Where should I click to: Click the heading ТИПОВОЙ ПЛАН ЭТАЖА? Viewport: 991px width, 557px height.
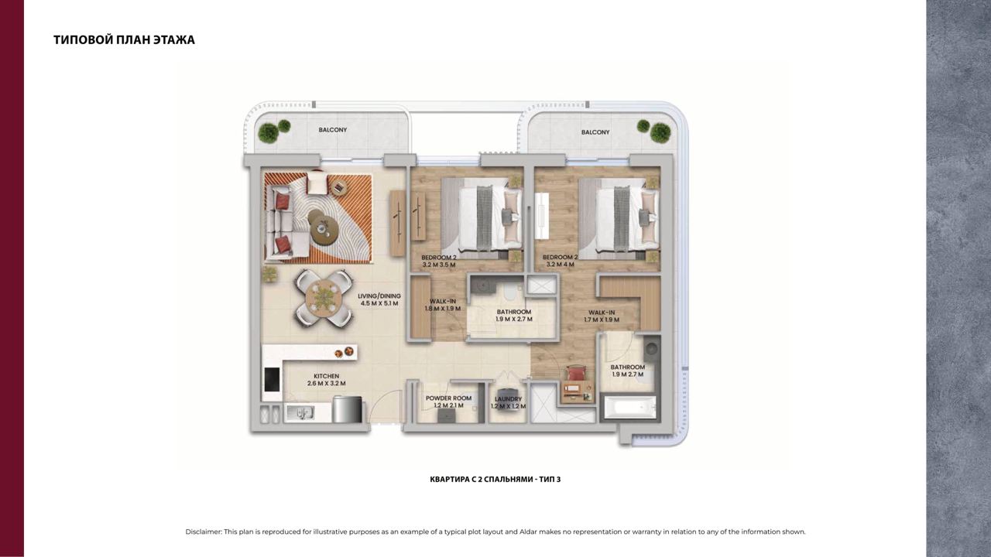click(x=125, y=39)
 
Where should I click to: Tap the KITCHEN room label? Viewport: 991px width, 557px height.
click(x=327, y=376)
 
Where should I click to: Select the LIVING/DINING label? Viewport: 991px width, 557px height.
click(x=379, y=296)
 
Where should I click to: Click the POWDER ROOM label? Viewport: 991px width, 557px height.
click(x=448, y=398)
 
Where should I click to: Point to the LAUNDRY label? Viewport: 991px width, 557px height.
click(x=509, y=398)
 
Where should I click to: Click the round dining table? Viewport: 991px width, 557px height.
click(x=324, y=299)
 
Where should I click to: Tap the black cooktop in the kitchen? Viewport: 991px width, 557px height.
click(x=272, y=380)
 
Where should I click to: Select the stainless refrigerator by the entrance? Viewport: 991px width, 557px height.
click(x=347, y=409)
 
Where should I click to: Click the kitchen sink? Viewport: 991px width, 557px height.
click(x=300, y=413)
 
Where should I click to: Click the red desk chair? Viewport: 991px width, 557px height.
click(x=577, y=373)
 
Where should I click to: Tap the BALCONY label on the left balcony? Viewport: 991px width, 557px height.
click(x=333, y=130)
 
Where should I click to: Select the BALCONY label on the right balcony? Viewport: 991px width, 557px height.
click(x=595, y=132)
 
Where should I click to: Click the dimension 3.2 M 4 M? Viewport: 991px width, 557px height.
click(x=560, y=265)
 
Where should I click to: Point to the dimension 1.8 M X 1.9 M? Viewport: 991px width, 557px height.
click(x=443, y=309)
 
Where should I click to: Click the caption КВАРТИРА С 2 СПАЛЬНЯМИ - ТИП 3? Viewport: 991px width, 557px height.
click(x=495, y=479)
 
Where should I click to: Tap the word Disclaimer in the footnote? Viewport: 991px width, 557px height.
click(x=203, y=531)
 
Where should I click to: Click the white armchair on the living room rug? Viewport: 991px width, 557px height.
click(x=317, y=183)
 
